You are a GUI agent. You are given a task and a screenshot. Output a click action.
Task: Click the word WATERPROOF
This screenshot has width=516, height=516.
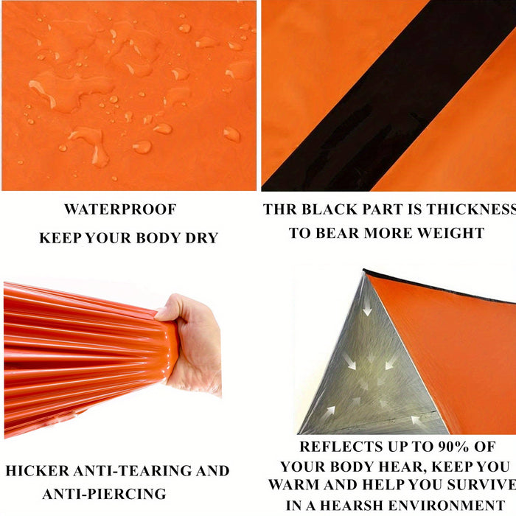[120, 209]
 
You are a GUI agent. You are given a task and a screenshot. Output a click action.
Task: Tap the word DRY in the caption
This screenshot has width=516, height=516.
[202, 238]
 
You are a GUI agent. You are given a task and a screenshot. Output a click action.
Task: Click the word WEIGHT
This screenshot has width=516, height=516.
[451, 233]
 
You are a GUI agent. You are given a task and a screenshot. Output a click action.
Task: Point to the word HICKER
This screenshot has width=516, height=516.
[38, 470]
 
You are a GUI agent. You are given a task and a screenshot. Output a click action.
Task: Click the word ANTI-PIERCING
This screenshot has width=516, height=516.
[105, 494]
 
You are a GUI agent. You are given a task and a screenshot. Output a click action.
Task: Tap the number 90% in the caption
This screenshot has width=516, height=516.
[453, 447]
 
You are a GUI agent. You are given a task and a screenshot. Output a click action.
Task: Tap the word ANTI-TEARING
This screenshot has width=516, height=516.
[133, 470]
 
